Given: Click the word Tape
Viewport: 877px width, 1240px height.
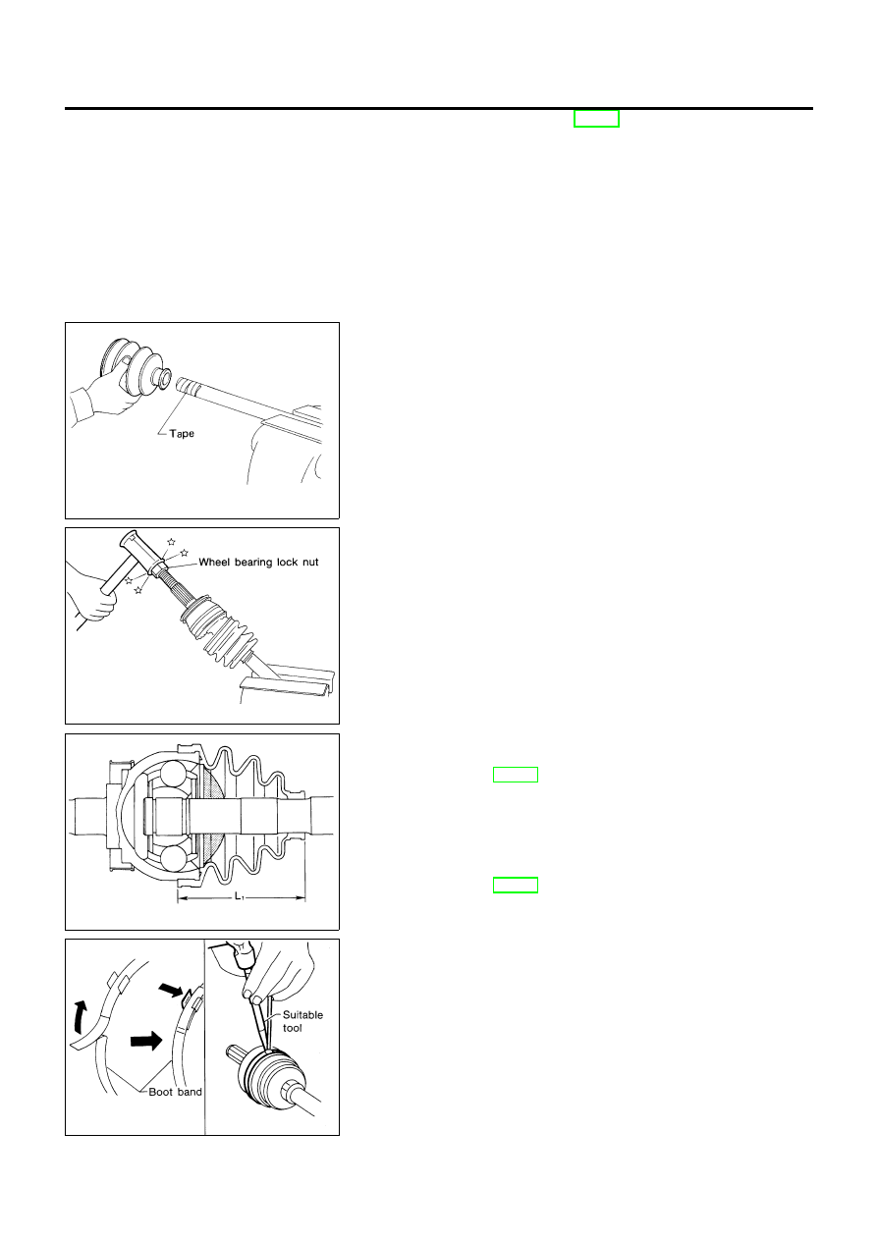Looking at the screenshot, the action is pyautogui.click(x=182, y=433).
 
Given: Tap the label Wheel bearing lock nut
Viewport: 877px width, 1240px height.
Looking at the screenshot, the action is pyautogui.click(x=258, y=562).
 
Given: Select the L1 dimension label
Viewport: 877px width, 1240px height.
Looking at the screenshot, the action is pyautogui.click(x=240, y=895).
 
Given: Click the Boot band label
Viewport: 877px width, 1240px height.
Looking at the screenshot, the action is pyautogui.click(x=175, y=1092).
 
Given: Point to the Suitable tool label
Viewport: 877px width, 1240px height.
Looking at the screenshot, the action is pyautogui.click(x=302, y=1021).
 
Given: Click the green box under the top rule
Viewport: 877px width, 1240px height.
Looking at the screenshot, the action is pyautogui.click(x=596, y=119).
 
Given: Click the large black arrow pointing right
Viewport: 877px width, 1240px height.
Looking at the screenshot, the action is pyautogui.click(x=146, y=1041).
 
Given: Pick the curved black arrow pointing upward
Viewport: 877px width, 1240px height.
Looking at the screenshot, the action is pyautogui.click(x=81, y=1016).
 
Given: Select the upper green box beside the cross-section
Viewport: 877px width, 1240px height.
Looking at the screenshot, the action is pyautogui.click(x=516, y=775).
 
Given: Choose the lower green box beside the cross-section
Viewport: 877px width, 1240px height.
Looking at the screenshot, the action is pyautogui.click(x=516, y=885).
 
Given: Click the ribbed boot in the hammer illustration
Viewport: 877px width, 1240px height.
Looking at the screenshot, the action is pyautogui.click(x=218, y=627).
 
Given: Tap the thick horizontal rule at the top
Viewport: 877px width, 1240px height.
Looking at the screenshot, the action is pyautogui.click(x=438, y=109).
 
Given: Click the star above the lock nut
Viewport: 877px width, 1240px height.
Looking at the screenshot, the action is pyautogui.click(x=171, y=541).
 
